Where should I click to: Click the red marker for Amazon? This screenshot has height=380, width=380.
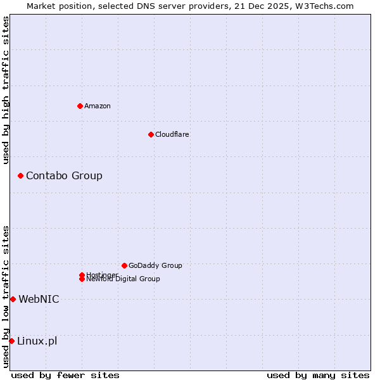80,106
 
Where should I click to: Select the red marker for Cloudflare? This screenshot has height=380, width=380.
151,134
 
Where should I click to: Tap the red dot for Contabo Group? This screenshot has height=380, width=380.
20,175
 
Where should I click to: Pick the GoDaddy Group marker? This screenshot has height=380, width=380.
124,265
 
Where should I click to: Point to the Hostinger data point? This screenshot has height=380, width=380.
82,275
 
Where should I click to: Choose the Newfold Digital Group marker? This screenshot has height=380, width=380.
82,279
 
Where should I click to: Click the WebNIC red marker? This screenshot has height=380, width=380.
13,299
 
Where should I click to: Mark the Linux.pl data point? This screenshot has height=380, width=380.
11,341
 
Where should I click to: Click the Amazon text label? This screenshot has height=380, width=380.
97,106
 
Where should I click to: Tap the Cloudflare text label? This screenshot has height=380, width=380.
172,134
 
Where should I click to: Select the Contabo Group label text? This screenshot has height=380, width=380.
64,175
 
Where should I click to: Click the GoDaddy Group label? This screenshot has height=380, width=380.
155,265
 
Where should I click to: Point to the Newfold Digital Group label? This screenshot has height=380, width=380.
123,279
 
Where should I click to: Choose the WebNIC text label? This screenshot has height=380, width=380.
39,299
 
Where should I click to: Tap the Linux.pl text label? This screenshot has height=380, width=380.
37,341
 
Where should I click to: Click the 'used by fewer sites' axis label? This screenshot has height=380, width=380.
65,375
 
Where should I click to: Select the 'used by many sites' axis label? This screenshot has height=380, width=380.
318,375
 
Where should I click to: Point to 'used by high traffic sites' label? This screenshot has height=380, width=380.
6,90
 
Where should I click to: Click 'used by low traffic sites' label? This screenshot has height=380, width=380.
6,296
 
